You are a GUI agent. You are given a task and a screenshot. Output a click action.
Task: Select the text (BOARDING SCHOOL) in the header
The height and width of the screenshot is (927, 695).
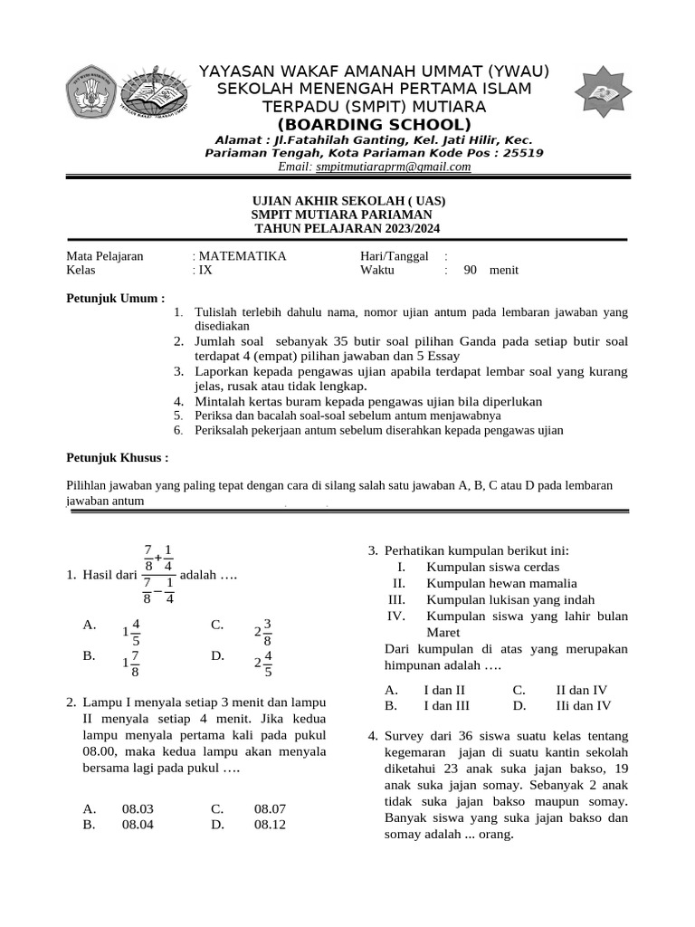click(374, 124)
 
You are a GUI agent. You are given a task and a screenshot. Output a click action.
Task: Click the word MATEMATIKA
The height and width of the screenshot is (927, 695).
click(242, 256)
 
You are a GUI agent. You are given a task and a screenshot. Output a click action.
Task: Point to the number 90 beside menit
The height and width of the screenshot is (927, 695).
click(471, 270)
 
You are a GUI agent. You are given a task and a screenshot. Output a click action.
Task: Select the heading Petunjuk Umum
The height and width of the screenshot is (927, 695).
click(117, 298)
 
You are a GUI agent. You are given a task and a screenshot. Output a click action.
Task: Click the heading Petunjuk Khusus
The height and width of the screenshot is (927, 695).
click(119, 458)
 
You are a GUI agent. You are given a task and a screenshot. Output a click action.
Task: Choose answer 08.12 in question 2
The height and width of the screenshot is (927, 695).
click(270, 825)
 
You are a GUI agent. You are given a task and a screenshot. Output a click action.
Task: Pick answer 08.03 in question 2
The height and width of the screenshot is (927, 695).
click(138, 808)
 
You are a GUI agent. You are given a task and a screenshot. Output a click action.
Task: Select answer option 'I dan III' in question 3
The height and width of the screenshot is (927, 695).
click(446, 705)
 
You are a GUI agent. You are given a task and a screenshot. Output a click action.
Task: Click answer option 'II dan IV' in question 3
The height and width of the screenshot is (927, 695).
click(581, 689)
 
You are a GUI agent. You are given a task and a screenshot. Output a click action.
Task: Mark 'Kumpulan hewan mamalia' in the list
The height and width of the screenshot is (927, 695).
click(501, 583)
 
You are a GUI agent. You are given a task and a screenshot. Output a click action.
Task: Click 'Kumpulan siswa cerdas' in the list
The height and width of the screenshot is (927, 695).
click(487, 567)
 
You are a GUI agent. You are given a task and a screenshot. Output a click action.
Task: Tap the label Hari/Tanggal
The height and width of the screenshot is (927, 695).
click(394, 256)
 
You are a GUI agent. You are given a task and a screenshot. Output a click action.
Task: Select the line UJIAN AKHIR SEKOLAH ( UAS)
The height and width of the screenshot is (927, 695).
click(347, 201)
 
